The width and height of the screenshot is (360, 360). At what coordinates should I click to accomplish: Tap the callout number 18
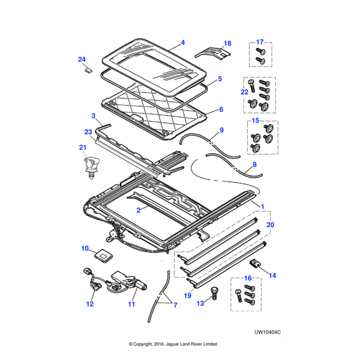pyautogui.click(x=227, y=43)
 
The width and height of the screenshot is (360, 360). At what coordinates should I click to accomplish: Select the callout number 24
pyautogui.click(x=82, y=59)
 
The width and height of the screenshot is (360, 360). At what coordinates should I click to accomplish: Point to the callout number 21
pyautogui.click(x=83, y=148)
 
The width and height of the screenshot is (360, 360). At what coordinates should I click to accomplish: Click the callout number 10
pyautogui.click(x=85, y=248)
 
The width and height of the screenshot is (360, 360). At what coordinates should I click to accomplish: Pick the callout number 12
pyautogui.click(x=89, y=304)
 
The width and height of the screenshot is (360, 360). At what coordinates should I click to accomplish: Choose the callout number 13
pyautogui.click(x=200, y=304)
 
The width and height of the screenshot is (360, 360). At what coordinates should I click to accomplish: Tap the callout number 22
pyautogui.click(x=244, y=91)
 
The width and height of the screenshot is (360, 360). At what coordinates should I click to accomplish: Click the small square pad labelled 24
pyautogui.click(x=88, y=70)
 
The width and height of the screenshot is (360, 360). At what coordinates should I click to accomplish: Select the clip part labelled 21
pyautogui.click(x=90, y=165)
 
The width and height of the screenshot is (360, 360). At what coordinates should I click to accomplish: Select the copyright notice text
pyautogui.click(x=173, y=344)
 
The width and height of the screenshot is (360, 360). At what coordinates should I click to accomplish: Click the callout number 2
pyautogui.click(x=138, y=211)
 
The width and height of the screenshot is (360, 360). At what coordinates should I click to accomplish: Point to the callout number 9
pyautogui.click(x=221, y=130)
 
